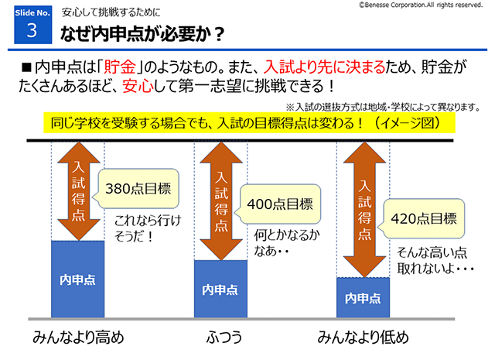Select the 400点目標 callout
point(279,205)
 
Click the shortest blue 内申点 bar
point(363,297)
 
